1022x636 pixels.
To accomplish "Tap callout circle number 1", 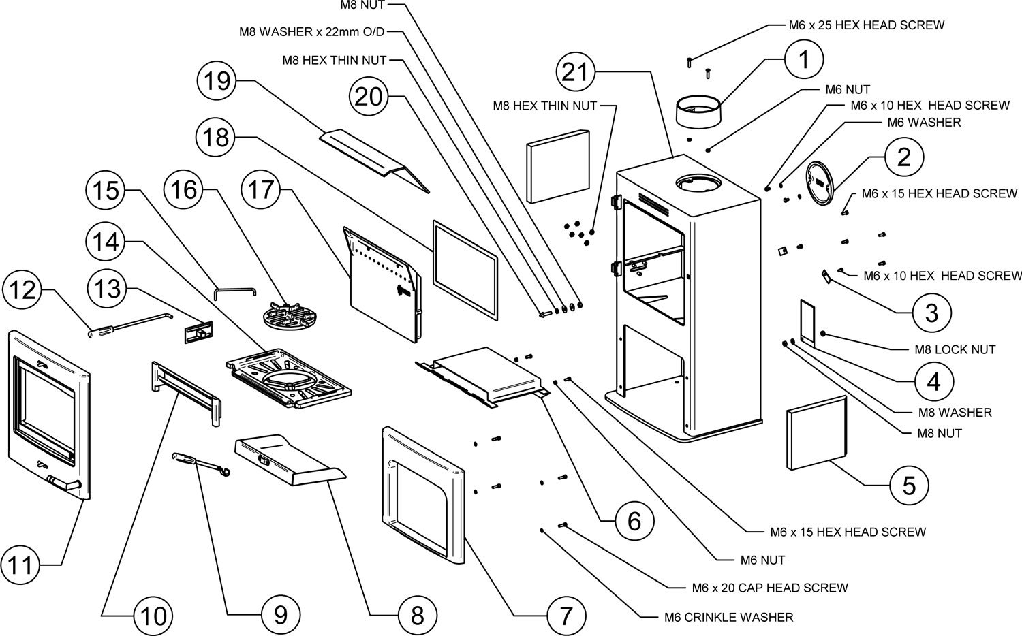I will (x=804, y=60).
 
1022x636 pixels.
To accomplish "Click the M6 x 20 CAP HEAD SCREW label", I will (x=770, y=588).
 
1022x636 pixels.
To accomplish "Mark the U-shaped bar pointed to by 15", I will (x=234, y=291).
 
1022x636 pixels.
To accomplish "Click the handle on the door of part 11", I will (x=65, y=484).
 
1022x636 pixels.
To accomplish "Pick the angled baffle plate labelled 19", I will (x=375, y=157).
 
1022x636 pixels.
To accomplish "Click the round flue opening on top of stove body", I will (x=697, y=183).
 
